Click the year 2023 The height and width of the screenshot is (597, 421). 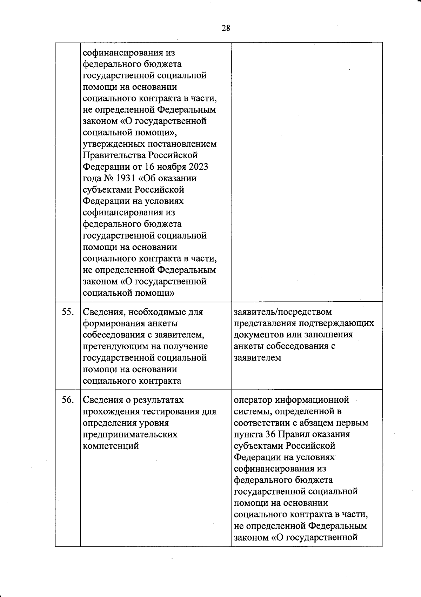[x=198, y=167]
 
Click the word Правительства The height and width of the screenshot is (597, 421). [x=114, y=155]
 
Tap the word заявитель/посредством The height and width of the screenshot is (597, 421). [x=283, y=311]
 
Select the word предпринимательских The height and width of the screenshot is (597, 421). [x=130, y=435]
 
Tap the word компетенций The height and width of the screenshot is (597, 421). [x=111, y=446]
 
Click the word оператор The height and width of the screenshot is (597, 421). [x=253, y=400]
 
